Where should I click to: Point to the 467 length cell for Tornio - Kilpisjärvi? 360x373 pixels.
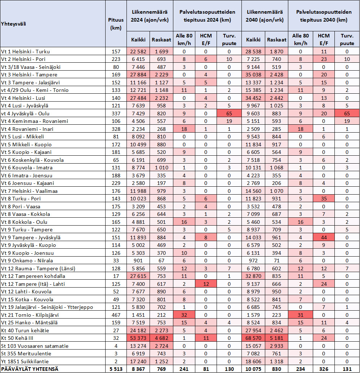click(116, 315)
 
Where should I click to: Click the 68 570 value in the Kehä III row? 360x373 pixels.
click(254, 338)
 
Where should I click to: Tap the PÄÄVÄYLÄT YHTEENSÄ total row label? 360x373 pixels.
click(31, 369)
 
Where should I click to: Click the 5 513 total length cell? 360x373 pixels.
click(116, 369)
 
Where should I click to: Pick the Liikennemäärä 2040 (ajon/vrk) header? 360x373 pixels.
click(265, 16)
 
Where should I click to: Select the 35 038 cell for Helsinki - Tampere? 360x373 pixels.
click(254, 75)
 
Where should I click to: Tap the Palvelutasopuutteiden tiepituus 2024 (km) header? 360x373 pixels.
click(207, 16)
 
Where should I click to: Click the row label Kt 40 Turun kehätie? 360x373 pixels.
click(25, 330)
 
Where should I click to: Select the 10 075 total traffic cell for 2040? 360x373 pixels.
click(254, 369)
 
